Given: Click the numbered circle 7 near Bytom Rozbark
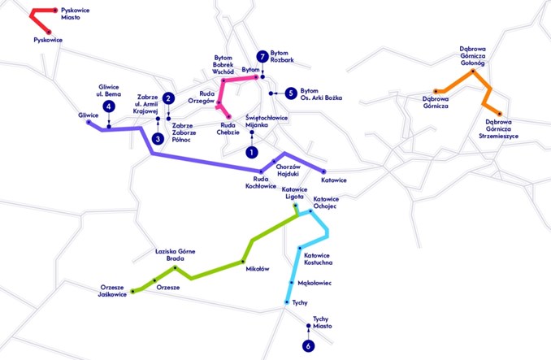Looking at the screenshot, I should [262, 56].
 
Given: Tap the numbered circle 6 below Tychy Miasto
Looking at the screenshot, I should [308, 346].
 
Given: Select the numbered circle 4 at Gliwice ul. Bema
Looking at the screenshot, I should [108, 107].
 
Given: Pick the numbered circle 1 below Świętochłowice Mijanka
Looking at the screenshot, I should [252, 152].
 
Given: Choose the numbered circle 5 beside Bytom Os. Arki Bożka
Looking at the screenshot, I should [290, 93].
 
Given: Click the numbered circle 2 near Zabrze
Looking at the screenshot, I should [168, 98].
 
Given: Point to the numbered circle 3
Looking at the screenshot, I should [158, 139].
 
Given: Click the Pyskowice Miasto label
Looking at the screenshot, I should [75, 13].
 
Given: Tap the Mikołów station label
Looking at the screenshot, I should [257, 269].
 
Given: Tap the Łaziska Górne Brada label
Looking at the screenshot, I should [176, 255].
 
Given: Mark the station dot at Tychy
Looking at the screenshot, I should [286, 302].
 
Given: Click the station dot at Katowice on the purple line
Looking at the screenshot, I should [323, 171].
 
